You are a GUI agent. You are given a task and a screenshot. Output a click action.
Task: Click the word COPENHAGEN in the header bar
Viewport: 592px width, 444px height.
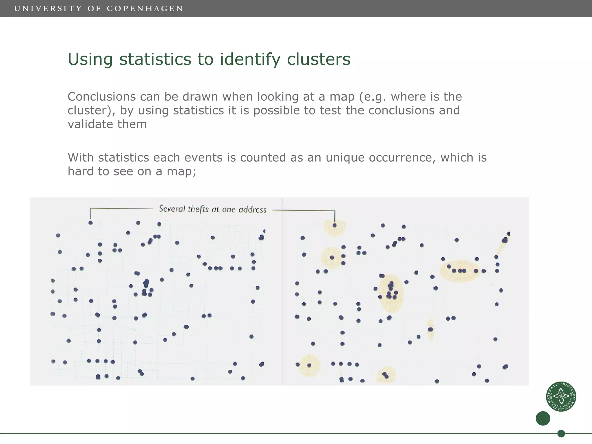click(145, 9)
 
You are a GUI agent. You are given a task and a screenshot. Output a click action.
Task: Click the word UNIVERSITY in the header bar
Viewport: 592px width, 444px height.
click(48, 9)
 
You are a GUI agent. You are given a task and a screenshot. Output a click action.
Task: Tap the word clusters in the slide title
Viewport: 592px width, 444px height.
click(319, 59)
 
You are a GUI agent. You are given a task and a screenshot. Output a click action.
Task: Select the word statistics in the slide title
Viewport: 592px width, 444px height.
click(155, 59)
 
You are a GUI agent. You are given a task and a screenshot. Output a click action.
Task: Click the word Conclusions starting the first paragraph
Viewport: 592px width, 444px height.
click(101, 97)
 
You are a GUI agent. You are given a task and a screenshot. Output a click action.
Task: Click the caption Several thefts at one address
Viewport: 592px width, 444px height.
click(212, 209)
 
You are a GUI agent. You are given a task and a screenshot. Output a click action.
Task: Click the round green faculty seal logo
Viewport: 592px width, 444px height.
click(561, 396)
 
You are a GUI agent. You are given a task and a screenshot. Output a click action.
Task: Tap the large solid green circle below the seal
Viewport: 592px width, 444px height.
click(543, 418)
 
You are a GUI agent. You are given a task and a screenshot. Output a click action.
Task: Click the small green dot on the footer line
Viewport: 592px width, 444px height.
click(561, 434)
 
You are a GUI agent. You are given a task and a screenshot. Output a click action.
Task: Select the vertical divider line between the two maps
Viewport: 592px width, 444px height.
click(282, 292)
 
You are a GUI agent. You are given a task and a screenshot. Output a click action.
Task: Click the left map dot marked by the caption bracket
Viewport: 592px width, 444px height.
click(90, 223)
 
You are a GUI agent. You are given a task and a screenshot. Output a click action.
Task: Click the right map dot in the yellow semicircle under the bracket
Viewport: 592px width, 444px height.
click(334, 225)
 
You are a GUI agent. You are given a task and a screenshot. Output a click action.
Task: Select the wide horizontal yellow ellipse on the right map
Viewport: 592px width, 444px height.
click(460, 271)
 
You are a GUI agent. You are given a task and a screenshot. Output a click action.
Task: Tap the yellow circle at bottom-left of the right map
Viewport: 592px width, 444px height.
click(309, 365)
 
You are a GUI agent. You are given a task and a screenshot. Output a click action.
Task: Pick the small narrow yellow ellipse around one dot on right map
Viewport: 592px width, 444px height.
click(430, 330)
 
